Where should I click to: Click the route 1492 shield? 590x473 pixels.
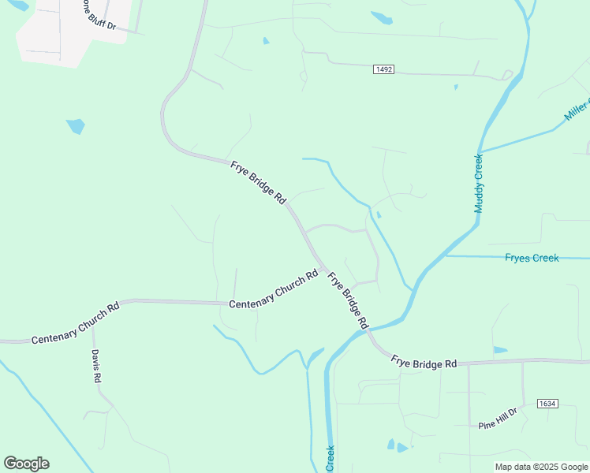coord(383,70)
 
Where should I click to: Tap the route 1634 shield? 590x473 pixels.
coord(547,404)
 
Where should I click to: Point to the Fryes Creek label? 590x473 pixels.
coord(532,258)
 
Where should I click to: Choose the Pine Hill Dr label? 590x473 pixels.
coord(498,419)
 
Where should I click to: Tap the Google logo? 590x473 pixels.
coord(26,464)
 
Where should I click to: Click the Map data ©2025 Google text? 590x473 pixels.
coord(541,467)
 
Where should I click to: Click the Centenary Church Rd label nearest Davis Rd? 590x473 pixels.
coord(75,322)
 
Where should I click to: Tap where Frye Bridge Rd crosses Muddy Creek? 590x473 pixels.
coord(369,330)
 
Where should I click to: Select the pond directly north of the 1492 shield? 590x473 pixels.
coord(382,17)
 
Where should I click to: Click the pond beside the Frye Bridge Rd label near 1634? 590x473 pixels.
coord(500,350)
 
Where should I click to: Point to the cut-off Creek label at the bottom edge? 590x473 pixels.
coord(330,459)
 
